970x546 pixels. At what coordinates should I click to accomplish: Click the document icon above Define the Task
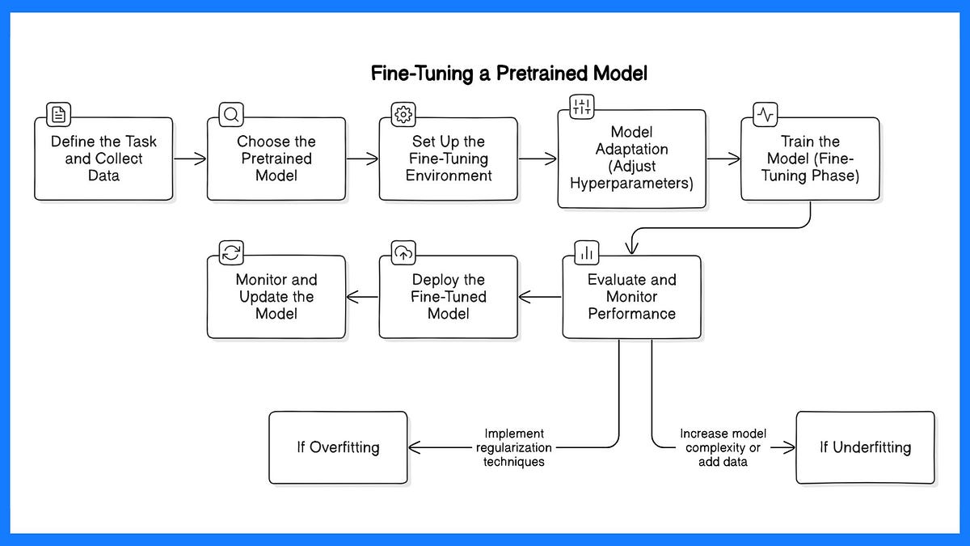tap(58, 114)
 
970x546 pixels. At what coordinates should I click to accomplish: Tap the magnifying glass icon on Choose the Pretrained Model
tap(231, 114)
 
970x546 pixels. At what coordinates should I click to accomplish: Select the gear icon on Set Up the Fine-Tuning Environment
tap(403, 114)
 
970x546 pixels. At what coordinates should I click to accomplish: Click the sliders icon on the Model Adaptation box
tap(581, 107)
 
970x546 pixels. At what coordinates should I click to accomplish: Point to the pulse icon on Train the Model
tap(765, 114)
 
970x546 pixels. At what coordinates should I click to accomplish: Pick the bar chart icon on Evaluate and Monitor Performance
tap(587, 252)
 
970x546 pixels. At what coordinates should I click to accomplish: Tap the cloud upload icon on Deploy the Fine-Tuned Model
tap(403, 252)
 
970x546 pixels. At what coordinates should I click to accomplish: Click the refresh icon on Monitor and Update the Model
tap(231, 252)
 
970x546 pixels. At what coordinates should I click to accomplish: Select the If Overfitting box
tap(338, 447)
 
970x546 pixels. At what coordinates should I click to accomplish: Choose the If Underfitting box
tap(865, 447)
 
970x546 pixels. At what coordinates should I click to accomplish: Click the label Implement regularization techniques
tap(514, 447)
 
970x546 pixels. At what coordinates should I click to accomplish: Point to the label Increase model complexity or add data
tap(723, 447)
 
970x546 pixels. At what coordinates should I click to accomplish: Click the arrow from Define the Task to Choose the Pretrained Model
tap(190, 159)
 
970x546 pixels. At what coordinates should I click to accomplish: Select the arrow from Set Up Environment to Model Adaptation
tap(538, 159)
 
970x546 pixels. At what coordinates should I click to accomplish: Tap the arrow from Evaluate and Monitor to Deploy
tap(540, 297)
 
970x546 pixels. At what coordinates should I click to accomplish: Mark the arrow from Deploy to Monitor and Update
tap(362, 297)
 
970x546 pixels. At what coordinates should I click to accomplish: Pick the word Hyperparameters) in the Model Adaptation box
tap(631, 184)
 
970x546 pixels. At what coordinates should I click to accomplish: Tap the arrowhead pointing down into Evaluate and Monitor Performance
tap(632, 248)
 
